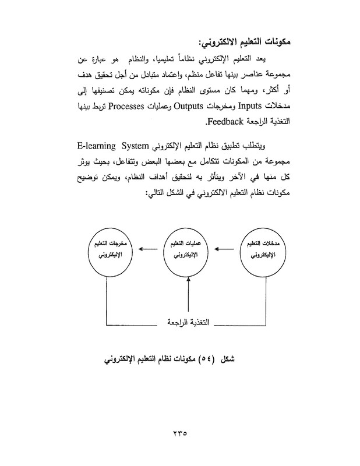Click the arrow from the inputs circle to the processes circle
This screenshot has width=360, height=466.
coord(227,250)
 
